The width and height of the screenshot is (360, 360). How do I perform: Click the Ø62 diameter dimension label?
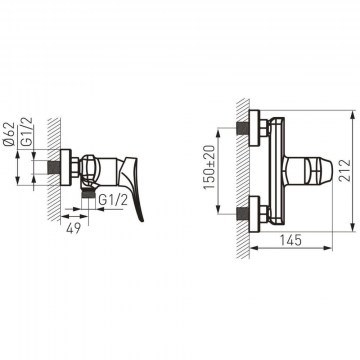[x=10, y=134]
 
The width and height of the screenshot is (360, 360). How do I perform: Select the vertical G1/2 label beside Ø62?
[x=27, y=132]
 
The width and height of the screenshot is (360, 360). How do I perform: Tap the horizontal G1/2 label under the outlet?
[x=113, y=200]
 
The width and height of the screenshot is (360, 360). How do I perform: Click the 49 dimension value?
[x=73, y=228]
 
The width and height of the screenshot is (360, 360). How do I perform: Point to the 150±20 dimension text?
[x=210, y=168]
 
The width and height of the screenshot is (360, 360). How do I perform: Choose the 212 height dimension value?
[x=345, y=170]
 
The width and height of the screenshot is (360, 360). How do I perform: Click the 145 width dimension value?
[x=290, y=240]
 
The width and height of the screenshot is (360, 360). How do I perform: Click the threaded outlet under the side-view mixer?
[x=88, y=194]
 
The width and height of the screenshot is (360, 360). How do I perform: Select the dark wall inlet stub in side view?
[x=54, y=167]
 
